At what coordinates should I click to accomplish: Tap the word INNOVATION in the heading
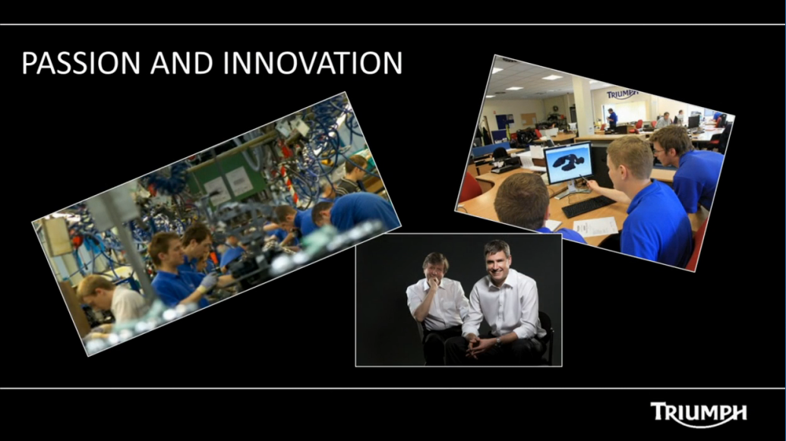pos(313,63)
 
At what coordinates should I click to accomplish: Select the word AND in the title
pos(182,63)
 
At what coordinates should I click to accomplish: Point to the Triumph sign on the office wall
pos(622,94)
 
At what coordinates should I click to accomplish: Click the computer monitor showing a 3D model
pos(569,164)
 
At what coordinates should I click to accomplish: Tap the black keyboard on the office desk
pos(588,206)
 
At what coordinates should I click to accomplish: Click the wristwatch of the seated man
pos(497,342)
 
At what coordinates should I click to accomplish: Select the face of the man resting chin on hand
pos(435,269)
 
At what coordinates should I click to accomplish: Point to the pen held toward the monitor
pos(585,178)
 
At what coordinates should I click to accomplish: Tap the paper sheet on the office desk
pos(595,226)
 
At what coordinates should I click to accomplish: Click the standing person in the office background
pos(612,118)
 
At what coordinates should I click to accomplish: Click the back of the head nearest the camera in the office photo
pos(521,200)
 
